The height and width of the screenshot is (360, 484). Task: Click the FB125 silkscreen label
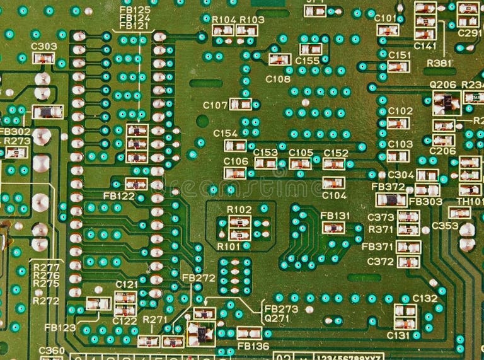[135, 10]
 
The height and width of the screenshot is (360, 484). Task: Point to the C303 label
[43, 47]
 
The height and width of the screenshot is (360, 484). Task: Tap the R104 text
[224, 20]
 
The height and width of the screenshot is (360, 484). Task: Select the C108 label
[278, 79]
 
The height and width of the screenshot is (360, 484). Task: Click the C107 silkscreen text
[215, 105]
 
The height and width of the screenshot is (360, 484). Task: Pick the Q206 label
[443, 84]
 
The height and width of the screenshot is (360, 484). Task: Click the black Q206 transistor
[446, 100]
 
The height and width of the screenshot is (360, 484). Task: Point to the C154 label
[225, 134]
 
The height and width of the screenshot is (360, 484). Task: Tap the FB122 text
[118, 196]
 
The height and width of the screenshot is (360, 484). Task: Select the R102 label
[239, 209]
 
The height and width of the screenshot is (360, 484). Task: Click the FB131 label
[335, 215]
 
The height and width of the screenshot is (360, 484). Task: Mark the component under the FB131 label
[333, 228]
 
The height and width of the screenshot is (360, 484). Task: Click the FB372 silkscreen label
[388, 187]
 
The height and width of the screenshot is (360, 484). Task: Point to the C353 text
[445, 226]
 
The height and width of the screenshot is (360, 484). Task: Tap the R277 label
[46, 267]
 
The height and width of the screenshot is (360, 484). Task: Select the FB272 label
[199, 278]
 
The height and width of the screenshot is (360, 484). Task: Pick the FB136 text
[253, 346]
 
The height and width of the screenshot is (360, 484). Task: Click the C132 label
[425, 298]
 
